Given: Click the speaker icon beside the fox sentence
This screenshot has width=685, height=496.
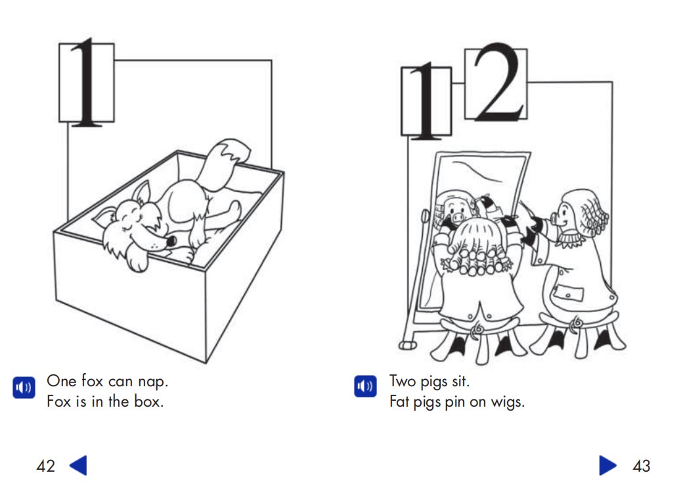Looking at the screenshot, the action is tap(24, 387).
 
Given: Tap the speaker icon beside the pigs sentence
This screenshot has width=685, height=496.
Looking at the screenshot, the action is tap(365, 386).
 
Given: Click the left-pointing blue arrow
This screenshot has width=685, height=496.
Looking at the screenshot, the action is tap(79, 465).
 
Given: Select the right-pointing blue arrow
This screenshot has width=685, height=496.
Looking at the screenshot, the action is tap(608, 465).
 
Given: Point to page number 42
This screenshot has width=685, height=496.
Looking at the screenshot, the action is tap(45, 466).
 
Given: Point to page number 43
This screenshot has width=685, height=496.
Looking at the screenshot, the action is tap(641, 466).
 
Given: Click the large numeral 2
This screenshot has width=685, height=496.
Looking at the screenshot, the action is tap(498, 83).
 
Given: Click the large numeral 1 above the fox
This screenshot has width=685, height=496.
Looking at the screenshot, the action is tap(86, 82).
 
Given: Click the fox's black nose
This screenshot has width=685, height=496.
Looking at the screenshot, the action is tap(171, 240).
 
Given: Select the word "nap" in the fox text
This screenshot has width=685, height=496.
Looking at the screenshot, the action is tap(153, 382).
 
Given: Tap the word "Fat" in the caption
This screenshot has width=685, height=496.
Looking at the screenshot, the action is tap(399, 401).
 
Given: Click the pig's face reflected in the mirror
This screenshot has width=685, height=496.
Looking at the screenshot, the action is tap(457, 209).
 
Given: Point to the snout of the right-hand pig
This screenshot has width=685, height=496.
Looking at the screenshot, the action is tap(555, 218).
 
